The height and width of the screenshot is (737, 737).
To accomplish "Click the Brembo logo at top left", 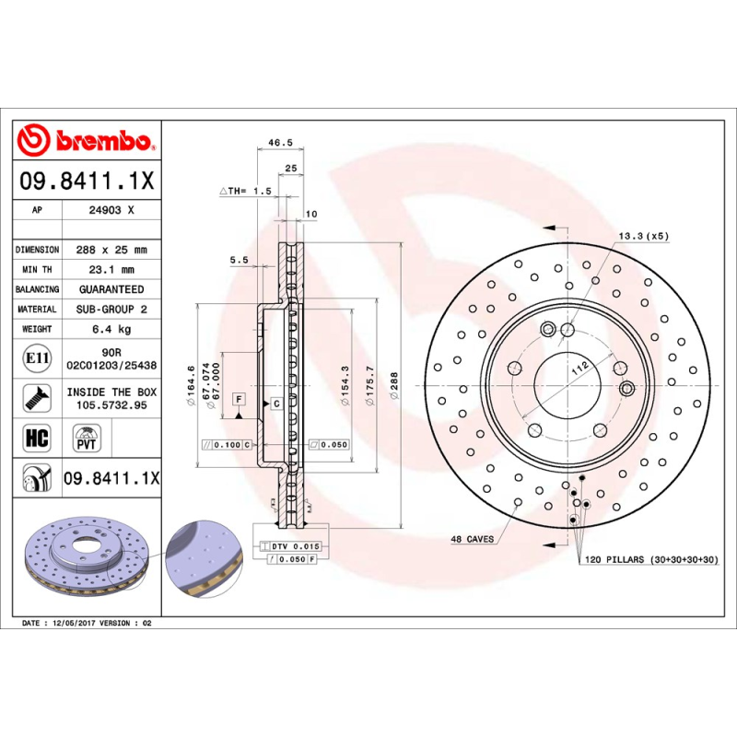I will click(86, 140).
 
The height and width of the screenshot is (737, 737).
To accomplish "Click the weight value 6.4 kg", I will click(111, 329).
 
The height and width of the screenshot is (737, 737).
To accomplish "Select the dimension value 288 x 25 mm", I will click(111, 250).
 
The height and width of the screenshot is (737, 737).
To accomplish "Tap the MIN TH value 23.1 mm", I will click(111, 270).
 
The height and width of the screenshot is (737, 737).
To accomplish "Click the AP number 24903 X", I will click(111, 210).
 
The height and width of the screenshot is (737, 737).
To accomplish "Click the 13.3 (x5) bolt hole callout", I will click(643, 236).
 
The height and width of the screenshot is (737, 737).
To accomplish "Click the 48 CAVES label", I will click(472, 539).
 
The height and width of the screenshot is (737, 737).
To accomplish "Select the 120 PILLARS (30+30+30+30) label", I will click(650, 559).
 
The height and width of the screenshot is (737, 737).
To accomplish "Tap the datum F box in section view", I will click(239, 398).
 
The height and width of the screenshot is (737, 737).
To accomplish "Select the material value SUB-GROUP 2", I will click(111, 310).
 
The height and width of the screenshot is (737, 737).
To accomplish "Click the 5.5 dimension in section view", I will click(240, 261).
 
